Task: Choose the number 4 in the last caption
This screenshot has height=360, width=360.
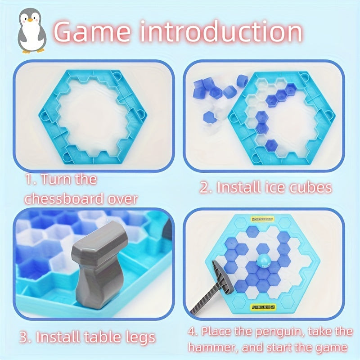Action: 192,332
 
